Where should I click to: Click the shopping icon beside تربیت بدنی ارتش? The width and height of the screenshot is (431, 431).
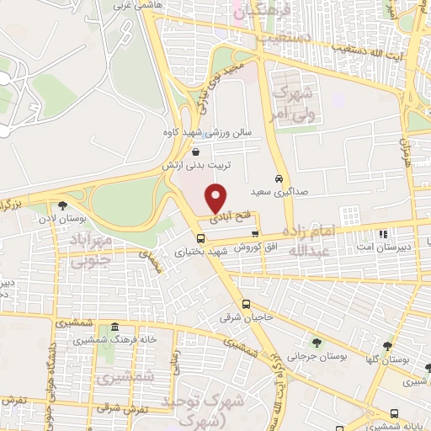click(x=196, y=152)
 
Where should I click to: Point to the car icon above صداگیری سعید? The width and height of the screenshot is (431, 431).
click(x=279, y=178)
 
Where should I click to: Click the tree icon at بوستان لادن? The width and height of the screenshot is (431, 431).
click(x=63, y=205)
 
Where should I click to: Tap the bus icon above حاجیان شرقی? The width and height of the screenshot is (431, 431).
click(x=246, y=304)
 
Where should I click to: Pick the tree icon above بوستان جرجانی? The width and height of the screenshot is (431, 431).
click(x=317, y=342)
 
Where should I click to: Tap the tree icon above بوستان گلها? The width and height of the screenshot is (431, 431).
click(x=387, y=345)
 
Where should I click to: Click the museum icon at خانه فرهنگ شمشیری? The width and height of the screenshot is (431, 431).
click(x=114, y=327)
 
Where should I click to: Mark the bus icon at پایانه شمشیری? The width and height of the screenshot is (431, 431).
click(x=395, y=412)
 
